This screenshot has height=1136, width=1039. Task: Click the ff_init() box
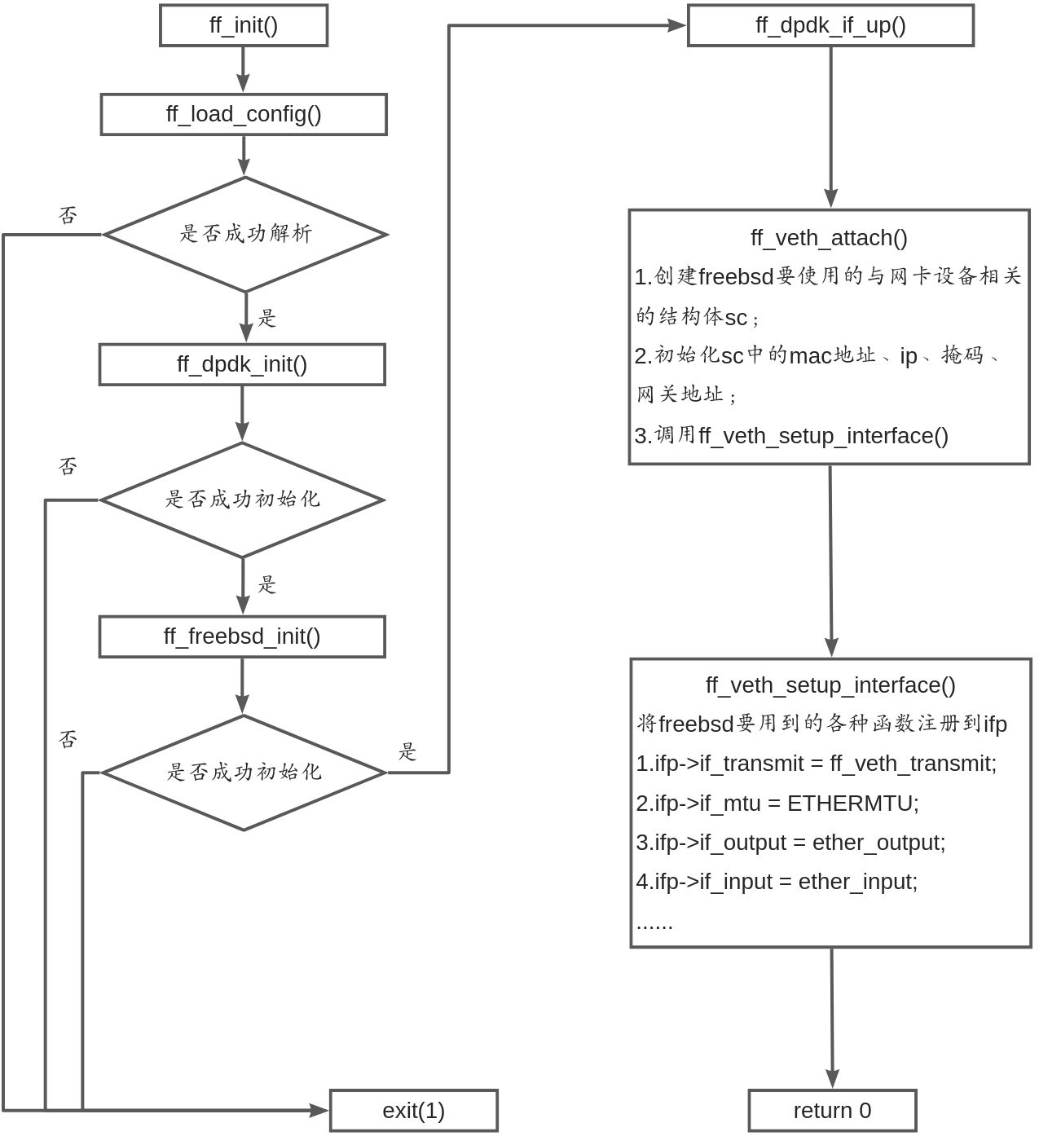point(243,25)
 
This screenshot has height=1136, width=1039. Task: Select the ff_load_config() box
point(243,114)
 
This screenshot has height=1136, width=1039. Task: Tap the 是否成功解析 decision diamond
point(244,234)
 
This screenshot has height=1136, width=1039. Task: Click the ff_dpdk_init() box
point(242,364)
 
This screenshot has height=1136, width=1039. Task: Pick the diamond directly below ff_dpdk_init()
point(242,500)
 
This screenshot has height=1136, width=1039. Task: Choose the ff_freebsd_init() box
point(242,636)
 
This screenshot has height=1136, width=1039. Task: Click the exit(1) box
point(413,1111)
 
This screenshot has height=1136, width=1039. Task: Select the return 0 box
point(832,1111)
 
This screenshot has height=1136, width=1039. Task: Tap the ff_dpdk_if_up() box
point(830,25)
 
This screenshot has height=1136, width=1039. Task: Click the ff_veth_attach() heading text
point(829,238)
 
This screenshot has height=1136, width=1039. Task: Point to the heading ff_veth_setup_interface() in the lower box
point(830,685)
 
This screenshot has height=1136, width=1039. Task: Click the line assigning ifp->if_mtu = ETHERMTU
point(777,804)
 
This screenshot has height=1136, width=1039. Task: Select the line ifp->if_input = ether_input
point(777,882)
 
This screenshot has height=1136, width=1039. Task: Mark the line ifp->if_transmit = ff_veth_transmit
point(816,764)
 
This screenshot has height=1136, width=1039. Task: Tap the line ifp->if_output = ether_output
point(790,843)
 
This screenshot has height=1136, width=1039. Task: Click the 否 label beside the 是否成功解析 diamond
point(68,215)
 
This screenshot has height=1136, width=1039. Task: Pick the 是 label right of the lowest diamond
point(407,751)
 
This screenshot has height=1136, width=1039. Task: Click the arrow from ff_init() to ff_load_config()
point(243,69)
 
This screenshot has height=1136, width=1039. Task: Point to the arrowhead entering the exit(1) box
point(319,1110)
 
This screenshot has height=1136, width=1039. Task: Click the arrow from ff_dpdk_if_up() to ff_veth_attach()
point(830,126)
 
